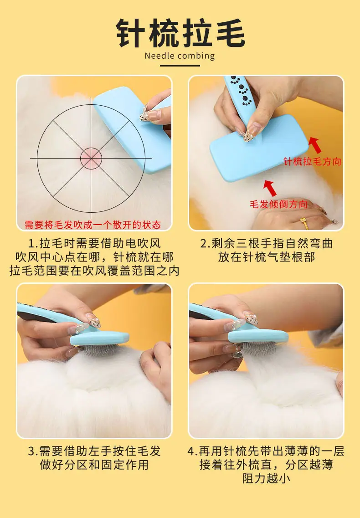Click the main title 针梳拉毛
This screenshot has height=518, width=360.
click(x=180, y=33)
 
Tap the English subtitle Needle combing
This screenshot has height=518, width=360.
click(x=180, y=56)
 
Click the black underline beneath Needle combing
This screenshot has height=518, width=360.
click(x=180, y=66)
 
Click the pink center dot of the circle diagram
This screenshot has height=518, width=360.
click(x=91, y=158)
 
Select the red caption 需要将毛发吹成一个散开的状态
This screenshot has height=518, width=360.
click(x=93, y=225)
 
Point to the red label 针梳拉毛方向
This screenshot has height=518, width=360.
click(x=313, y=161)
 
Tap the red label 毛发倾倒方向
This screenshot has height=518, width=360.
click(x=279, y=204)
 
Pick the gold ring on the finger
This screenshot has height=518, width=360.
click(x=304, y=223)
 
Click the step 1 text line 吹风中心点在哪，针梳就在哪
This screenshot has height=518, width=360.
click(x=94, y=257)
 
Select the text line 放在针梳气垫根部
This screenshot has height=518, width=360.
click(x=267, y=257)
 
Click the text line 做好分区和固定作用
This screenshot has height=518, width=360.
click(x=94, y=465)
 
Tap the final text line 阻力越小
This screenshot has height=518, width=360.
click(x=267, y=478)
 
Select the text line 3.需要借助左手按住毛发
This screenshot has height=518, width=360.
click(x=94, y=451)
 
